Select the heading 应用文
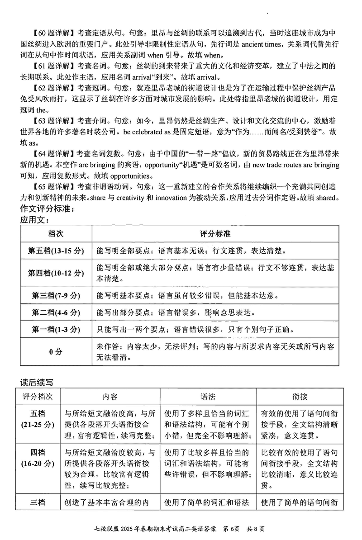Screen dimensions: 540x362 click(35, 220)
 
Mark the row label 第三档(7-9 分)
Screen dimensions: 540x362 click(56, 295)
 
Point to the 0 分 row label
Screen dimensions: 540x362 click(56, 351)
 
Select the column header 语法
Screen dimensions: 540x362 click(208, 397)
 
